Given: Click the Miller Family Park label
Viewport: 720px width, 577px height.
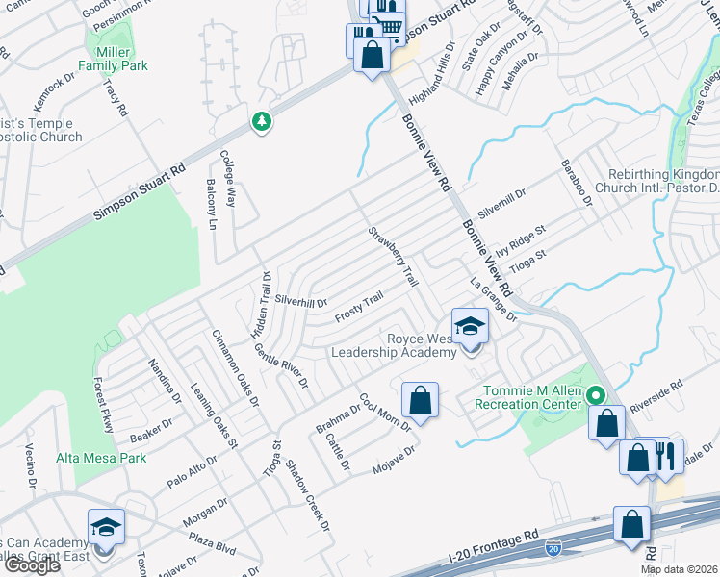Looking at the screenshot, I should tap(121, 57).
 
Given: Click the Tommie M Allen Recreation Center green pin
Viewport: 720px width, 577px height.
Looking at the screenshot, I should tap(596, 395).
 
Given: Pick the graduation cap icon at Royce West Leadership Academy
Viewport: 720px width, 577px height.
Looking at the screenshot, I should tap(470, 327).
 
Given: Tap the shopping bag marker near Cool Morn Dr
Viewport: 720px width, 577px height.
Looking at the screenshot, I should tap(420, 398).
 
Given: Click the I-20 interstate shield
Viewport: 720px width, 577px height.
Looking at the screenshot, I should tap(553, 548).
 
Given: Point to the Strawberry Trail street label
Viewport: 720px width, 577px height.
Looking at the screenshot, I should tap(394, 257).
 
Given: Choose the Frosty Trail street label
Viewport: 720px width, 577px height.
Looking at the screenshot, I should tap(358, 308).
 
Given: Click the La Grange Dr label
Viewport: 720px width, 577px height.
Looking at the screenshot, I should tap(494, 300).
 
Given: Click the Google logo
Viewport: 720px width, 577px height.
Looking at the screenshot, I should tap(32, 565).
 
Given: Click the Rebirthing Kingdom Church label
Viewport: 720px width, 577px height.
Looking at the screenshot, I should tap(663, 182).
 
